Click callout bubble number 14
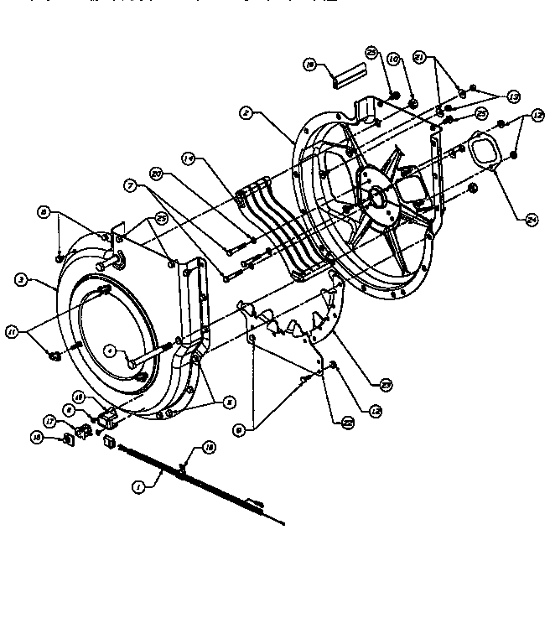(190, 157)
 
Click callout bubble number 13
(513, 96)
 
